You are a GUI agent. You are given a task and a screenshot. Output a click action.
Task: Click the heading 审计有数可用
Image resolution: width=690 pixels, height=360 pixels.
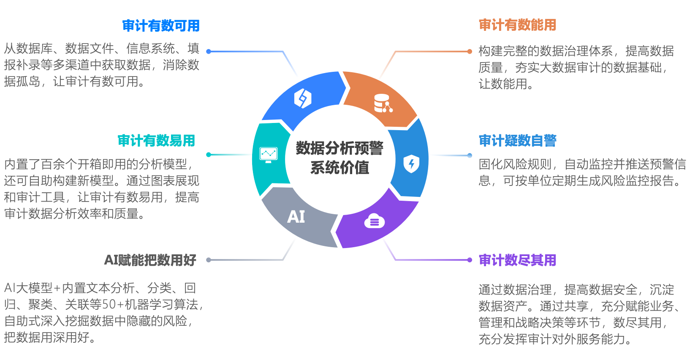click(x=161, y=26)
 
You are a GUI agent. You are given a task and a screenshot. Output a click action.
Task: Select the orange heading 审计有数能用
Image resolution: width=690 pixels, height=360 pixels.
click(x=517, y=25)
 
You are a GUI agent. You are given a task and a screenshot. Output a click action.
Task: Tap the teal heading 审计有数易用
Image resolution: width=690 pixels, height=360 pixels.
click(x=156, y=140)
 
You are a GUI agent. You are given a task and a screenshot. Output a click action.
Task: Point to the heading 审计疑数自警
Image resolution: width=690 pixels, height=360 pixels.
click(x=517, y=140)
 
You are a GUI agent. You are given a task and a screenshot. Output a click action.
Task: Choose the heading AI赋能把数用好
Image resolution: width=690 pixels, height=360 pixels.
click(x=150, y=260)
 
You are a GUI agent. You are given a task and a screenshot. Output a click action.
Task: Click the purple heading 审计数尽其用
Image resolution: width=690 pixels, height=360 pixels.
click(x=517, y=260)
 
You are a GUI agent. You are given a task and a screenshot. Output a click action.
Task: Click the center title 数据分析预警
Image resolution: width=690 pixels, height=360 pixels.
click(x=340, y=148)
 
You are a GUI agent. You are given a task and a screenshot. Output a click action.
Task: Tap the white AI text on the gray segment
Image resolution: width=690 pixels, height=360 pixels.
click(x=296, y=217)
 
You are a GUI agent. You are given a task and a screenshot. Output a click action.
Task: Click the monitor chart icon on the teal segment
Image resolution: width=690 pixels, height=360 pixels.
click(x=268, y=155)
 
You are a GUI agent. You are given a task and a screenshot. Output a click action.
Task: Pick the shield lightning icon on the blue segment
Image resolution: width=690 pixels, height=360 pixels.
click(x=411, y=164)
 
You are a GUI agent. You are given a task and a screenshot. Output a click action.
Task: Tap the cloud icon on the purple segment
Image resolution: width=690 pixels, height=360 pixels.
click(x=374, y=221)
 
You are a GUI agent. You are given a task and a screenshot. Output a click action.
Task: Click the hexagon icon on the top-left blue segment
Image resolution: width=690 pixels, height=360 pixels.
click(x=302, y=98)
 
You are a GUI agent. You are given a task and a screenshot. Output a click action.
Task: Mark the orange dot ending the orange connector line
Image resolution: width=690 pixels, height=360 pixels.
click(x=470, y=52)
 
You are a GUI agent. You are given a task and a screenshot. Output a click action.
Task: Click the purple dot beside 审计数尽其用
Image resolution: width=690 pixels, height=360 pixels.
click(x=470, y=260)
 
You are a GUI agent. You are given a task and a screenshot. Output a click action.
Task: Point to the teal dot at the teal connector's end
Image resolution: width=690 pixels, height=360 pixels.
click(x=208, y=155)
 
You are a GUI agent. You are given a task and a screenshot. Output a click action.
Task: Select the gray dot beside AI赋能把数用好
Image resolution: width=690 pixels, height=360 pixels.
click(x=208, y=260)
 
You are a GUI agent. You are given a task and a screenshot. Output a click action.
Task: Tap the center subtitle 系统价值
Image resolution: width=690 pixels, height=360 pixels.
click(x=340, y=168)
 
